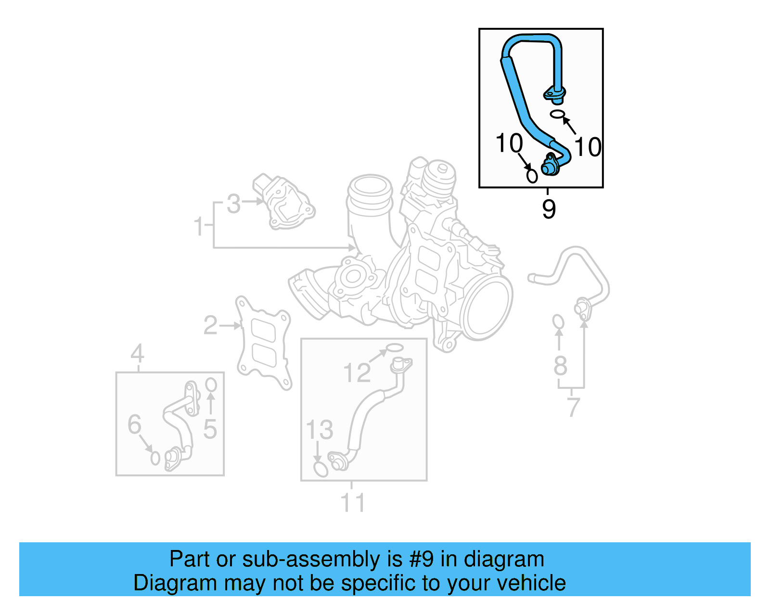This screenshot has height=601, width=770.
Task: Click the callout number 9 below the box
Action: tap(549, 209)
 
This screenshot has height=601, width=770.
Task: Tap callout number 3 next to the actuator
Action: tap(233, 204)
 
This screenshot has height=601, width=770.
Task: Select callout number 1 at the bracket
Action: tap(199, 226)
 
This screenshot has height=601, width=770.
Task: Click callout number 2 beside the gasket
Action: tap(211, 326)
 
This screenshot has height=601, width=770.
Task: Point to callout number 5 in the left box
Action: tap(210, 429)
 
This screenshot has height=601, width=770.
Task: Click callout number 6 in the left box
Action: tap(134, 424)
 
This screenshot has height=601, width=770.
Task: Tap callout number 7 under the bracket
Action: tap(573, 407)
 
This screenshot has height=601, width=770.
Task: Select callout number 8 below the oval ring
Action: tap(560, 366)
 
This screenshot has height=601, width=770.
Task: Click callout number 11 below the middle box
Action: tap(353, 502)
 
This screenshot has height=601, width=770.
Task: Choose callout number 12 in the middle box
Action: tap(357, 373)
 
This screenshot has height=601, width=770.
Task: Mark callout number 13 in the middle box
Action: tap(320, 430)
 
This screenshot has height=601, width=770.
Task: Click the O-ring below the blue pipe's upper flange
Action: tap(557, 114)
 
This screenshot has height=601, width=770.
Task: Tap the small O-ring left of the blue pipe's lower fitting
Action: tap(532, 176)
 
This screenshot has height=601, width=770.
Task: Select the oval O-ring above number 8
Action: tap(558, 321)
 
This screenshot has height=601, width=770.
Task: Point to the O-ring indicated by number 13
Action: tap(321, 469)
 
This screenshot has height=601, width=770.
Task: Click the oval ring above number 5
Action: tap(211, 385)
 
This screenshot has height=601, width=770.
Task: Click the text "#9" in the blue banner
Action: tap(422, 559)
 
